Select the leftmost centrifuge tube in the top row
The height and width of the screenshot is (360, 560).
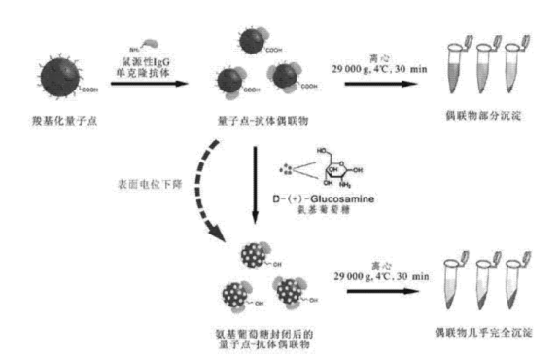(456, 69)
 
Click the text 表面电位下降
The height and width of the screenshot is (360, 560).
(150, 181)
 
